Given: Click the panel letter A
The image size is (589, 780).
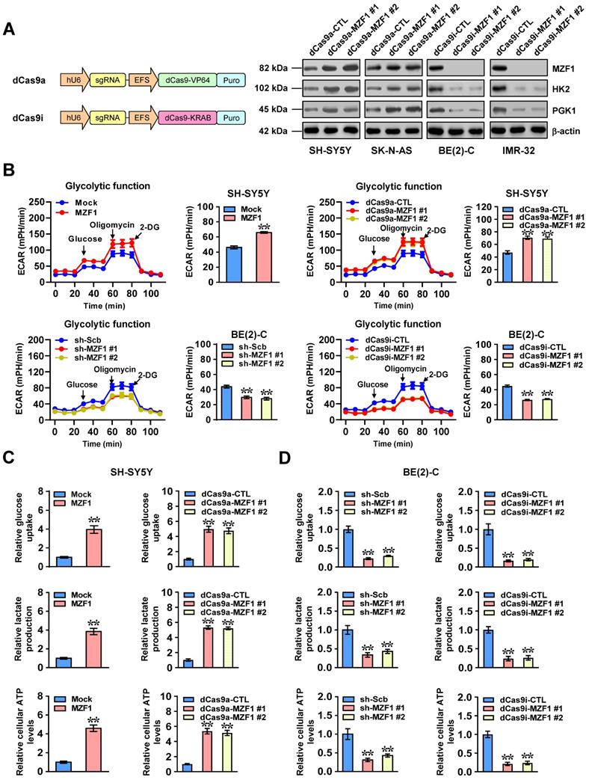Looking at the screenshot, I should [8, 29].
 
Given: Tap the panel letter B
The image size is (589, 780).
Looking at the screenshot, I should [8, 171].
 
